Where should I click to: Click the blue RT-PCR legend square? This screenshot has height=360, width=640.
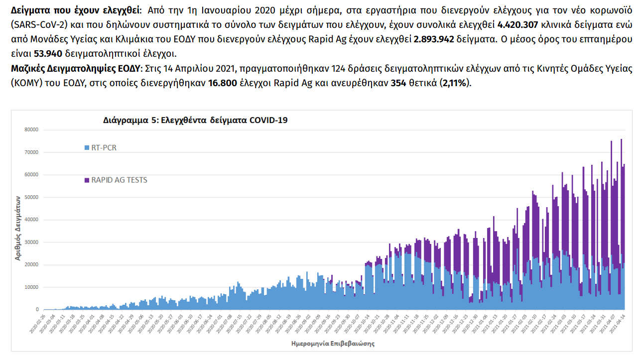point(87,147)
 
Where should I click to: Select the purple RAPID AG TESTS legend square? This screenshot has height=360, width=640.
point(87,180)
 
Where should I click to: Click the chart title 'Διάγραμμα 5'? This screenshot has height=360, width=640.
point(195,120)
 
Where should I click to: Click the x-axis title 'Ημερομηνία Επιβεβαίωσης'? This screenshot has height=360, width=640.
point(333,344)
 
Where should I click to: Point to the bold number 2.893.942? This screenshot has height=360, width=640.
point(434,40)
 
